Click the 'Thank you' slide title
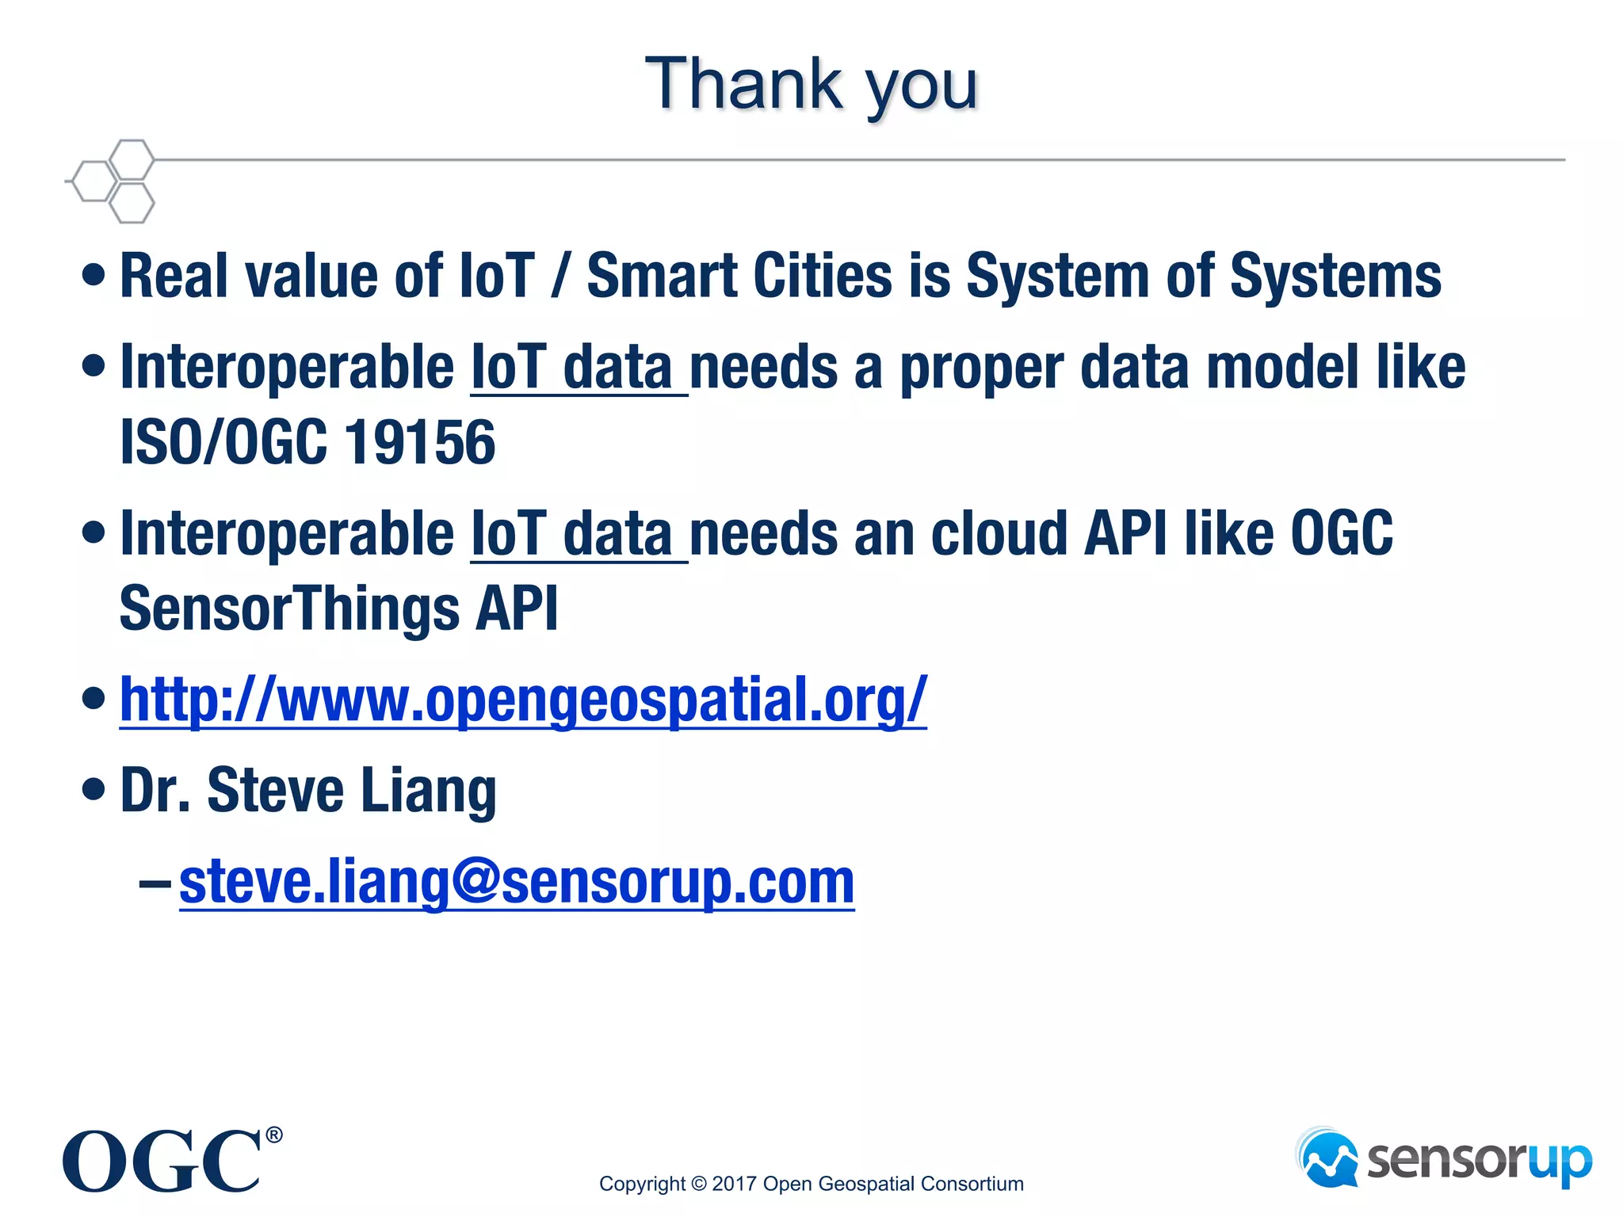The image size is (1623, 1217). [x=811, y=86]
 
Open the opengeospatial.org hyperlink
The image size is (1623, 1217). [x=523, y=700]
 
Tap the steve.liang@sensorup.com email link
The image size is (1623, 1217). [x=517, y=882]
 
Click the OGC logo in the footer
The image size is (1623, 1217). [x=162, y=1162]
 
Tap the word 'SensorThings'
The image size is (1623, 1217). [x=289, y=608]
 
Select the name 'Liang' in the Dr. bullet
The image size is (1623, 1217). [x=429, y=791]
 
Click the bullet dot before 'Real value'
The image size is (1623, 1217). [x=94, y=276]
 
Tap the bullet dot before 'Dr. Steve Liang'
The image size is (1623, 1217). [x=94, y=789]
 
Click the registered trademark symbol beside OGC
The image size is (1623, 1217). [x=273, y=1135]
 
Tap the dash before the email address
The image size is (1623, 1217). [x=154, y=883]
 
